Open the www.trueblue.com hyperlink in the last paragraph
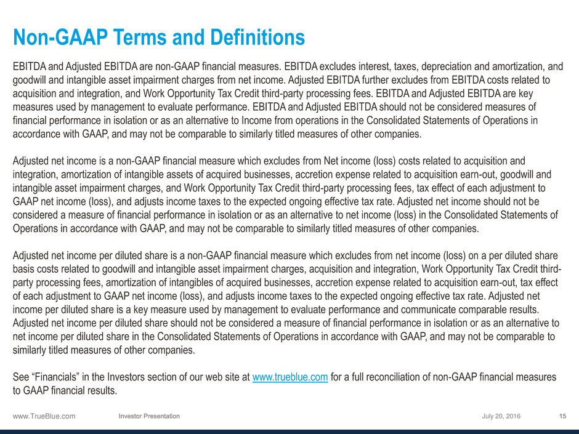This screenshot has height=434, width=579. pyautogui.click(x=289, y=377)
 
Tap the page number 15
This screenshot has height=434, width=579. pyautogui.click(x=562, y=417)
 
